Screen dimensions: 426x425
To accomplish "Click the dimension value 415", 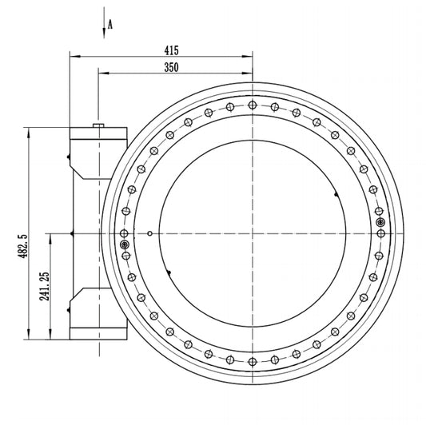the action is point(171,50).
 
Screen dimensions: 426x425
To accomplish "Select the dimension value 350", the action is point(171,67).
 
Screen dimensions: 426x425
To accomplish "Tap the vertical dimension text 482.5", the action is point(23,246).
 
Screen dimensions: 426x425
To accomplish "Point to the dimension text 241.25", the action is point(45,286).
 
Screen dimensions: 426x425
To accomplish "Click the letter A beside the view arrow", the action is point(110,25).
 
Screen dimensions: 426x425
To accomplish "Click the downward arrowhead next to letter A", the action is point(104,33).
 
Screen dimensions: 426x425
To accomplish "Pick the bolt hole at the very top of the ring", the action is point(253,105).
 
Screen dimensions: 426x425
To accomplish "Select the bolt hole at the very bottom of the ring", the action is point(253,362).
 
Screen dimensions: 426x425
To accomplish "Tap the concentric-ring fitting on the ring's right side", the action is point(380,222).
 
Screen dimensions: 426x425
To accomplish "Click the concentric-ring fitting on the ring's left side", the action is point(125,245).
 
